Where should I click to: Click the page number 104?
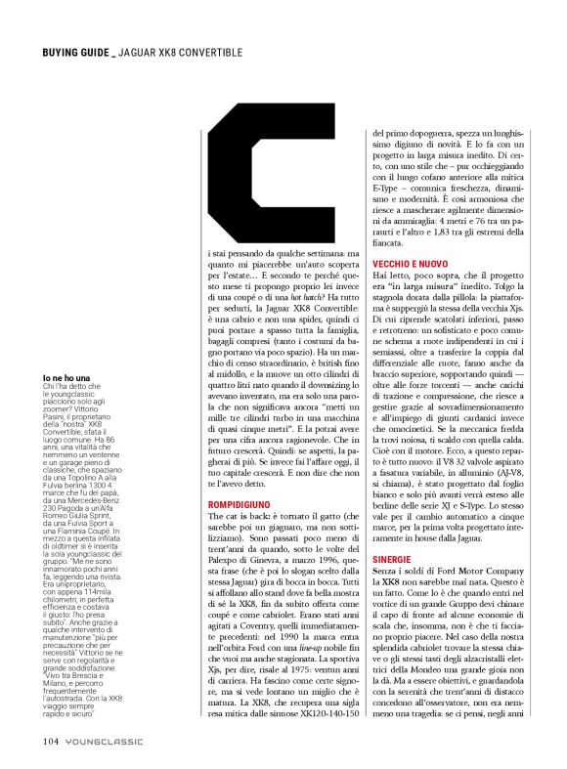tap(52, 739)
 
